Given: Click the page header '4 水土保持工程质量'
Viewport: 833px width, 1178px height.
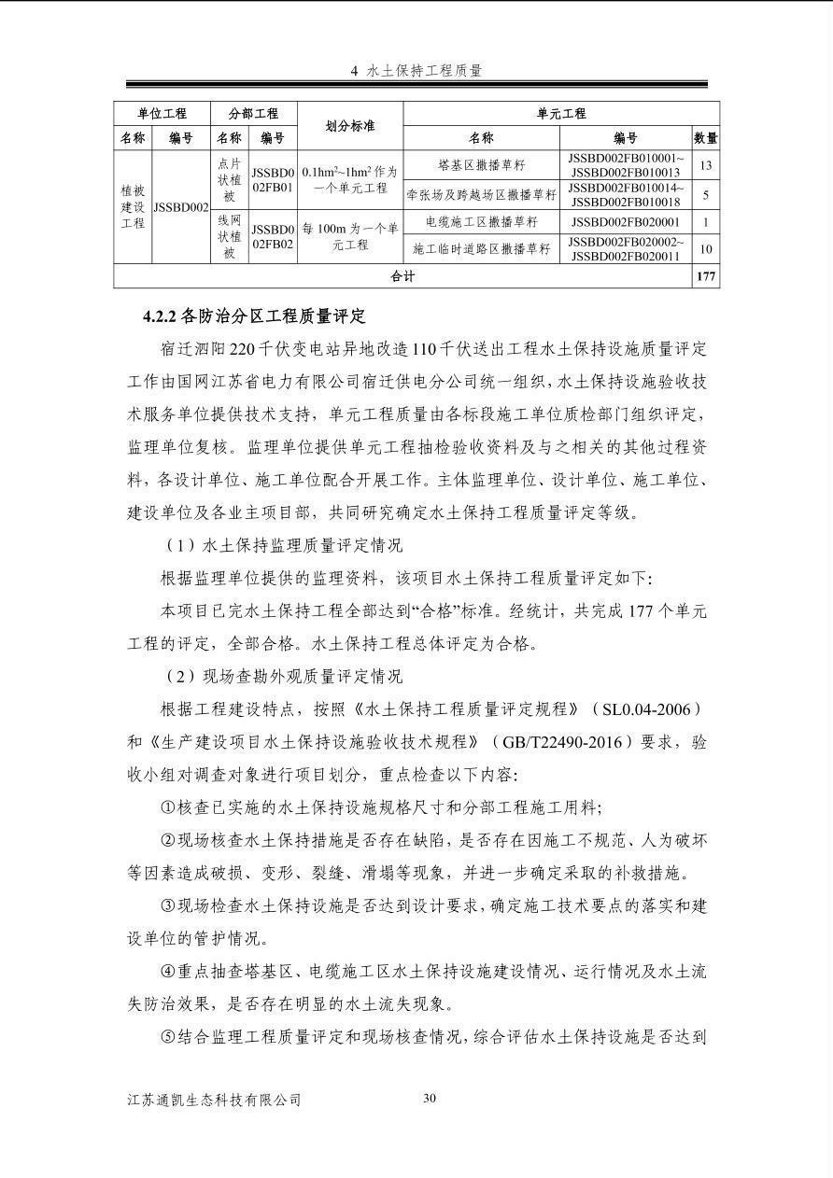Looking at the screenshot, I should [416, 71].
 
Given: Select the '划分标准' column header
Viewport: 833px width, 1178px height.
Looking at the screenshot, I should [350, 126].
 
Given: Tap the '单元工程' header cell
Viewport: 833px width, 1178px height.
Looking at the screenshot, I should [560, 114].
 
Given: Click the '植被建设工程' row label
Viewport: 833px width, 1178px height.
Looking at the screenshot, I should [133, 206].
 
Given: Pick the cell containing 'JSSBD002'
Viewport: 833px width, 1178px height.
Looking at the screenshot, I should [180, 207].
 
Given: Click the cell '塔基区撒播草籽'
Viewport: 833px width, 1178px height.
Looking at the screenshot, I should [481, 165].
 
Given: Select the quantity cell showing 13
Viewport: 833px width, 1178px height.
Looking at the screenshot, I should [706, 165].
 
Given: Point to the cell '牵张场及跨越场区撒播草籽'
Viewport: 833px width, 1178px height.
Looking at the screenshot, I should [481, 194].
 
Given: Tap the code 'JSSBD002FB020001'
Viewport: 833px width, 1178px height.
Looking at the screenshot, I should [626, 222].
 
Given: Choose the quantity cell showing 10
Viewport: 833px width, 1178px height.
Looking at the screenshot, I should [706, 249].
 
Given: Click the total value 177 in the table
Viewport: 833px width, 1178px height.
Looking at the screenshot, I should [706, 276].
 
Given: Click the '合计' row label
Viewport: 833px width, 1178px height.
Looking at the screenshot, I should [402, 276].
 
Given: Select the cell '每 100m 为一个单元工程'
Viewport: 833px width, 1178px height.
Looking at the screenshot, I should [350, 236].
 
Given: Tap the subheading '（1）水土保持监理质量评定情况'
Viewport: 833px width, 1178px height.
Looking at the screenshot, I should [282, 546].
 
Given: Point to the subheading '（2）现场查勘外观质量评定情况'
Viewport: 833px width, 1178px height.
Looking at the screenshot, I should [282, 676].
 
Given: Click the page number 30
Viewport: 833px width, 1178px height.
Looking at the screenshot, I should [430, 1098].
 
